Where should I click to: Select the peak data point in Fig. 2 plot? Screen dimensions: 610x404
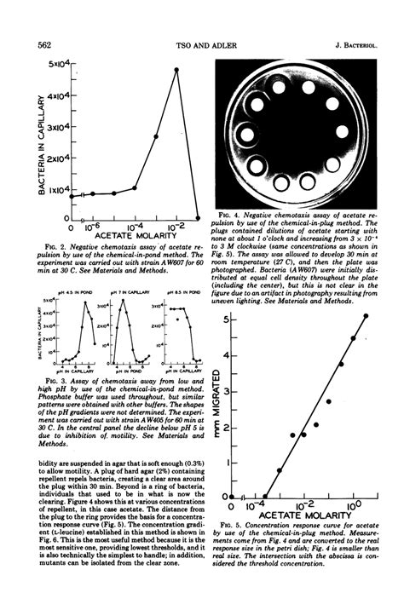coord(176,70)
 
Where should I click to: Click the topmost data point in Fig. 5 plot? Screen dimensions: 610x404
coord(366,316)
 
